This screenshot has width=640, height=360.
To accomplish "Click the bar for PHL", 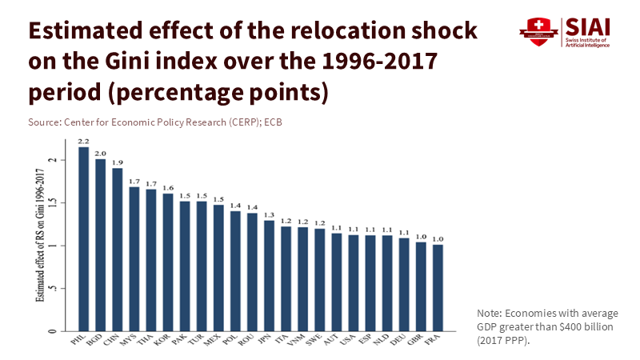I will tap(83, 238).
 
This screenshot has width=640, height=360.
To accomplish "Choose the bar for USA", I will tap(353, 282).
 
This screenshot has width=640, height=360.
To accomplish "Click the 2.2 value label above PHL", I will tap(83, 142).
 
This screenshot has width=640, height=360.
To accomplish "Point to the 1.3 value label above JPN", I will tap(269, 214).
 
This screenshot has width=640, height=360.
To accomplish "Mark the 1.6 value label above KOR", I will tap(167, 188).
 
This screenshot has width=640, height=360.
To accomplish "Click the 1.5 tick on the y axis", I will tap(53, 202).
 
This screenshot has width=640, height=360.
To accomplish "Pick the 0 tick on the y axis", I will tap(53, 330).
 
